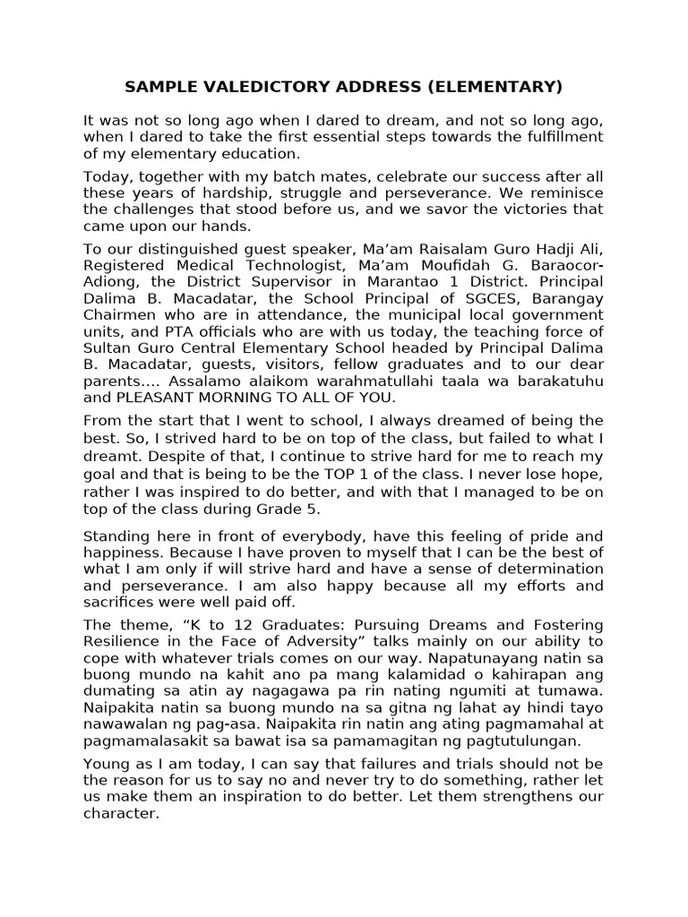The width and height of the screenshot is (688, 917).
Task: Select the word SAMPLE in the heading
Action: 155,87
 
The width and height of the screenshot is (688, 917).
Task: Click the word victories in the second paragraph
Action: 529,210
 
